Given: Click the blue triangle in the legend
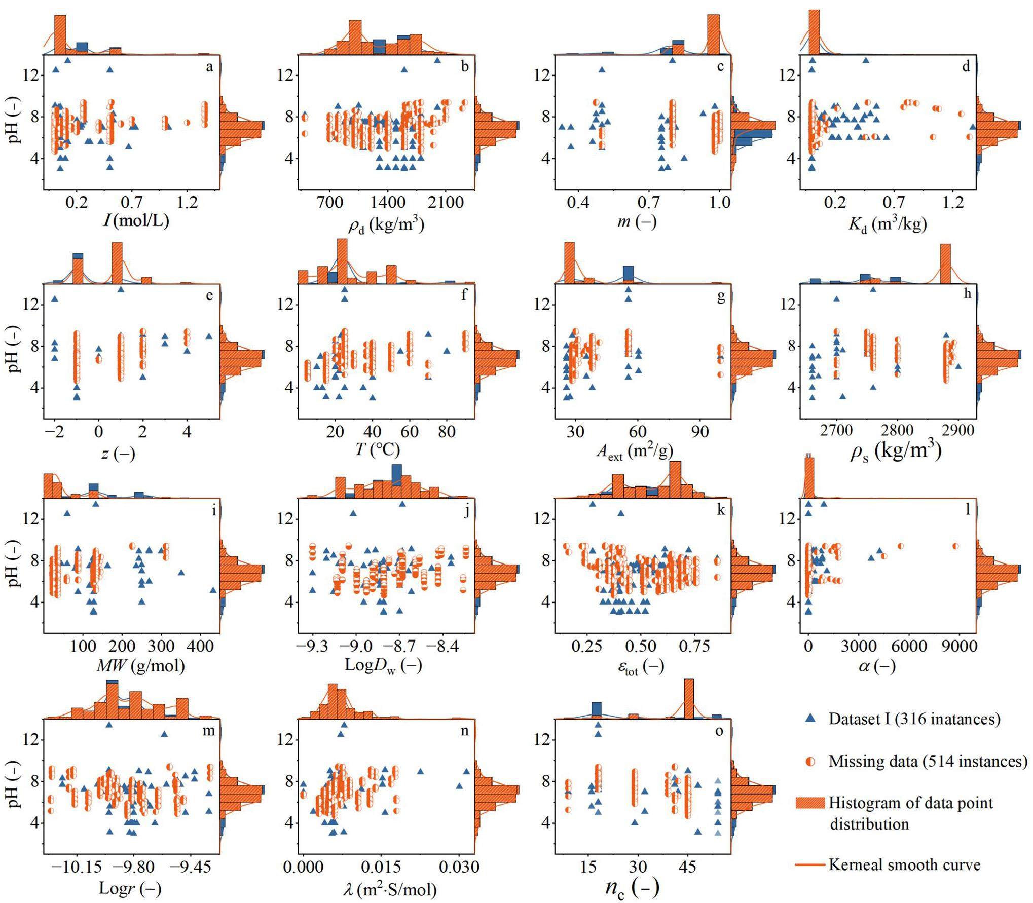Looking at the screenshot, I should click(x=810, y=719).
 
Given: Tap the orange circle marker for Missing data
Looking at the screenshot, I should click(x=810, y=761).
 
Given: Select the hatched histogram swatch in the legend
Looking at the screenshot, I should click(x=809, y=803).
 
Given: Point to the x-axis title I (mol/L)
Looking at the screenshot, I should click(x=136, y=220).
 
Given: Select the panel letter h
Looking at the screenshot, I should click(x=968, y=294).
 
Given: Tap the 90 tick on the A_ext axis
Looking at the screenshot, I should click(x=700, y=432).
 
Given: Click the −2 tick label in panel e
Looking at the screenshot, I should click(x=53, y=432).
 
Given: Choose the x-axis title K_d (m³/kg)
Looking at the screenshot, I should click(x=888, y=223).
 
